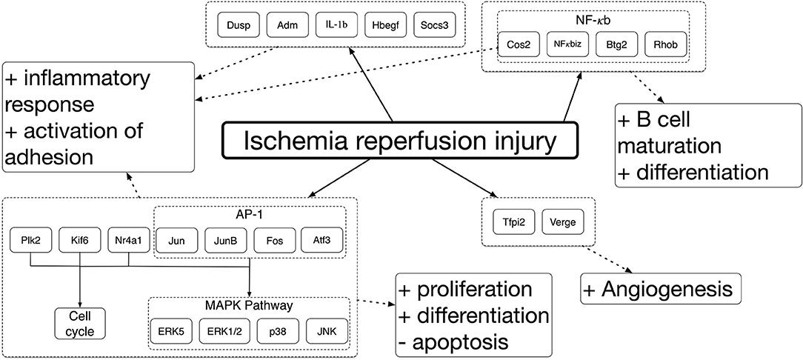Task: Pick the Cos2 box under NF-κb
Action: pos(520,44)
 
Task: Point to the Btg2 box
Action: pos(617,44)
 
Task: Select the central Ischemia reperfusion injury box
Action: pos(399,140)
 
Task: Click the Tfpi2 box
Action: pos(508,222)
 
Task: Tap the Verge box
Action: pos(562,222)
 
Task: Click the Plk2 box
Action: pos(31,240)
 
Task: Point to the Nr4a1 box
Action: pos(129,240)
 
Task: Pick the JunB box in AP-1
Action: pos(225,240)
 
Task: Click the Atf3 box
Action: pos(322,240)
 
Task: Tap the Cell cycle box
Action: pos(81,323)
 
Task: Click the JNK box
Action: pos(326,332)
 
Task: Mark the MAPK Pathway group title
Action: pos(250,306)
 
